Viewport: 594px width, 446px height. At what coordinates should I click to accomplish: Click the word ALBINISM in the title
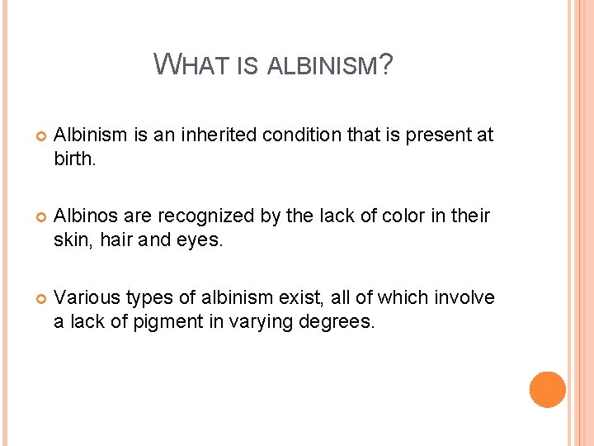click(x=323, y=65)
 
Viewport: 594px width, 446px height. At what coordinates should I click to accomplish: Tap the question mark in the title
click(x=386, y=64)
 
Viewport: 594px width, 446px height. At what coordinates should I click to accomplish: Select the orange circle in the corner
click(x=547, y=389)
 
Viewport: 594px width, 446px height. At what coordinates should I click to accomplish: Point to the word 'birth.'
click(x=75, y=158)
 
